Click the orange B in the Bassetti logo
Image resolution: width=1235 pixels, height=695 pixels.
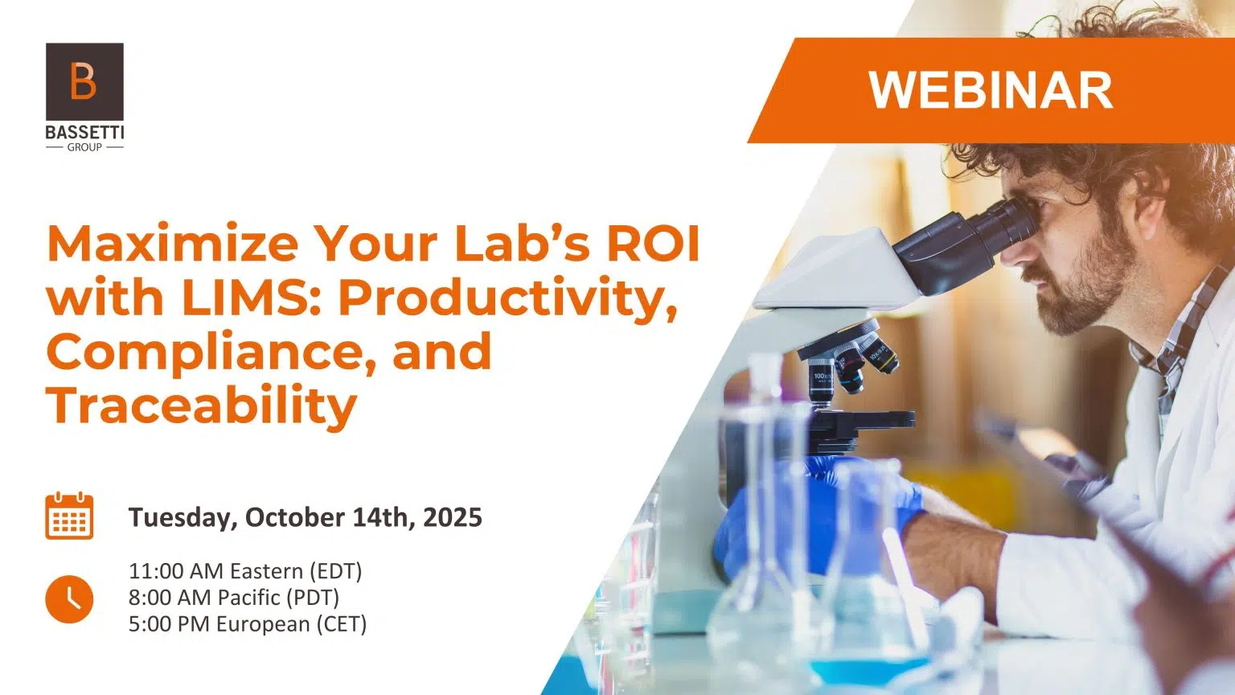tap(84, 80)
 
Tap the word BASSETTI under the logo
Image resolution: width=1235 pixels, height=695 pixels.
tap(84, 133)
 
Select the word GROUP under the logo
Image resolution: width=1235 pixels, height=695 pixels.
tap(84, 147)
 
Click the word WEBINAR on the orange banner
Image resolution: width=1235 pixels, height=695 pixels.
tap(991, 90)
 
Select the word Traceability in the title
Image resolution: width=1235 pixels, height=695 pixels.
tap(202, 405)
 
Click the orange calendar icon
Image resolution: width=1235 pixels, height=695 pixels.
tap(69, 516)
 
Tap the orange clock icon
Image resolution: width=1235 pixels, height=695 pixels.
tap(69, 599)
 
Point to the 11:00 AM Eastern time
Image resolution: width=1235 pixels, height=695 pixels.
tap(245, 571)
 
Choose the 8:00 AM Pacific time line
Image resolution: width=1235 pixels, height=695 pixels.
tap(234, 598)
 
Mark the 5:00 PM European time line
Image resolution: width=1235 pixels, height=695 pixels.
tap(248, 624)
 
